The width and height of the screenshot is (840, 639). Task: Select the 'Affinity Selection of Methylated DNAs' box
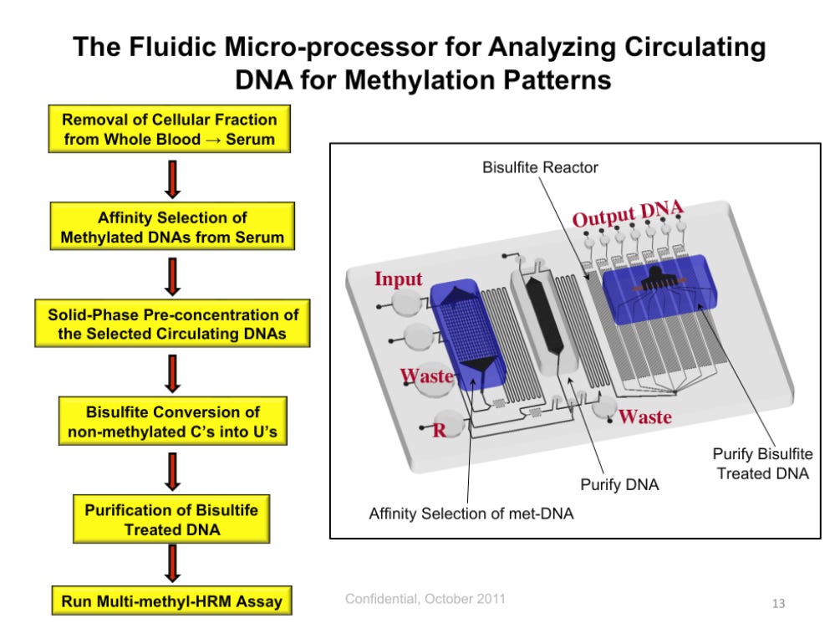pos(172,227)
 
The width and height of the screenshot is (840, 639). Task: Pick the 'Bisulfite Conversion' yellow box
pos(173,422)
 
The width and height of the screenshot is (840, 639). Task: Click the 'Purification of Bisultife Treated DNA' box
pos(172,519)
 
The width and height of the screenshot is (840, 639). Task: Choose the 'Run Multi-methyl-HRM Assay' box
pos(172,601)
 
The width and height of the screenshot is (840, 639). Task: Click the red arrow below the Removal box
pos(172,178)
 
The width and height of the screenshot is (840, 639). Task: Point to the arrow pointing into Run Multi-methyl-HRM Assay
pos(172,565)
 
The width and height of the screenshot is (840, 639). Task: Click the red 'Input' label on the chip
pos(399,279)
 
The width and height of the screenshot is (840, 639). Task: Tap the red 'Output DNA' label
pos(628,213)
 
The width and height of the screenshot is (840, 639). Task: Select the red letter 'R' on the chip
pos(439,432)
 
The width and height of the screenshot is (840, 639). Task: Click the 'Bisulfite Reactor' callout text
pos(540,167)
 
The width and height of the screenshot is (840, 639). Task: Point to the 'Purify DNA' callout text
pos(619,483)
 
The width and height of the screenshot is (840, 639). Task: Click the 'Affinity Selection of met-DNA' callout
pos(471,513)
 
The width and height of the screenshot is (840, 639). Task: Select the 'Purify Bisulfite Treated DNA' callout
pos(761,463)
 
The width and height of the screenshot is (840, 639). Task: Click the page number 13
pos(778,603)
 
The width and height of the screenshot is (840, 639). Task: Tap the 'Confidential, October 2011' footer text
pos(425,599)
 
